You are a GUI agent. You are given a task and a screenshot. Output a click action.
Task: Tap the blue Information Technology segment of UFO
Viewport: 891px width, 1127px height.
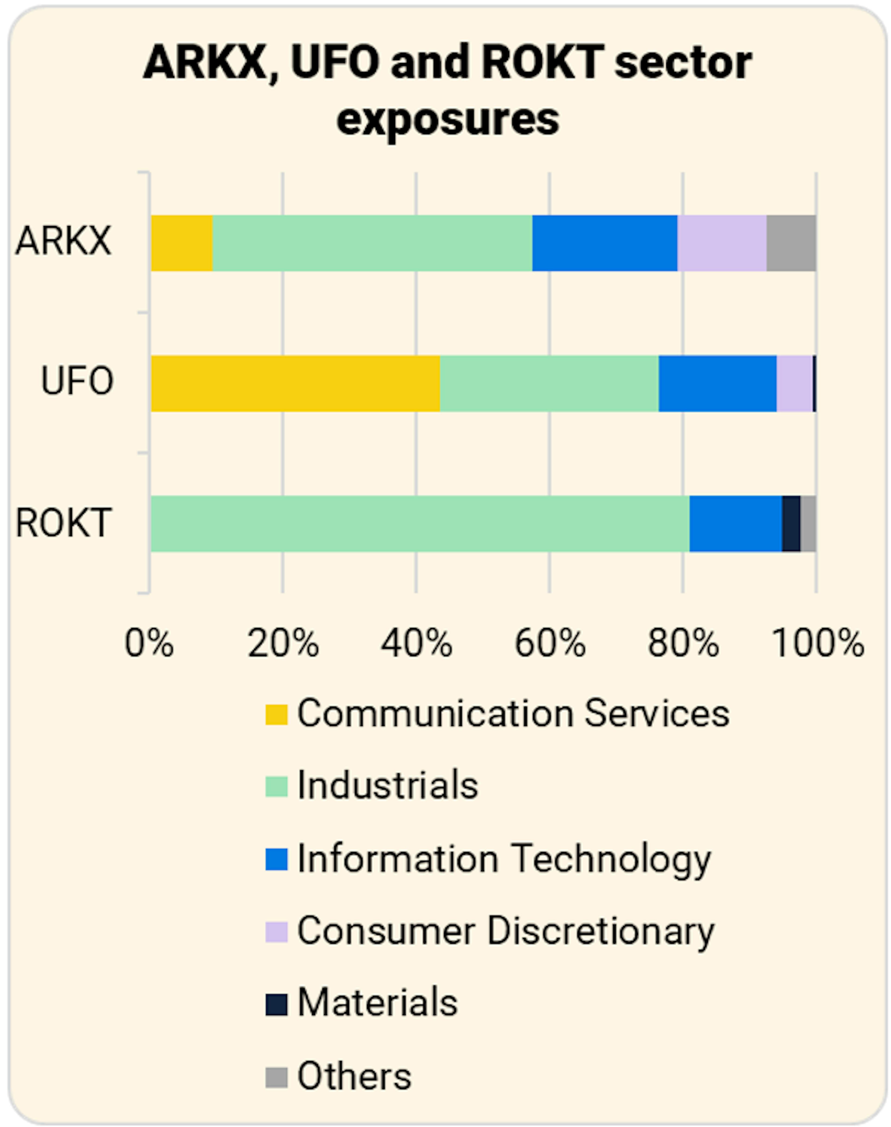(x=717, y=383)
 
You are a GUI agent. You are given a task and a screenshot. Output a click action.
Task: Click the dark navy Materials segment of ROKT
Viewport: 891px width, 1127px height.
(x=791, y=523)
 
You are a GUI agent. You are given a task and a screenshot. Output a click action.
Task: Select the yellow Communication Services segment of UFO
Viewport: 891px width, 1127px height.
(x=295, y=383)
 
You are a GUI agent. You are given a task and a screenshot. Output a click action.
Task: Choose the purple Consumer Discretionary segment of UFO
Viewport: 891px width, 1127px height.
(x=794, y=383)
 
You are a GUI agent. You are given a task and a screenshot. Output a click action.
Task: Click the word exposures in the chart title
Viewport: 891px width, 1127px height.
(x=448, y=119)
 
